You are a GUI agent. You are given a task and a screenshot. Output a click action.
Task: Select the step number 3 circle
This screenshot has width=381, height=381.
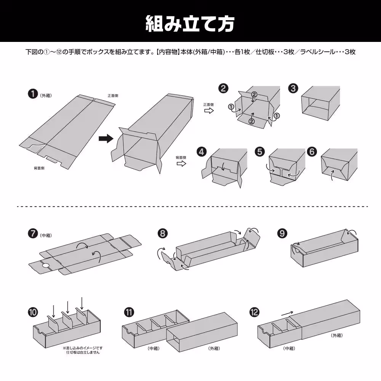(x=293, y=88)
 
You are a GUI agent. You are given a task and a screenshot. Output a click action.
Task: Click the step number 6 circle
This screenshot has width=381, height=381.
(x=312, y=152)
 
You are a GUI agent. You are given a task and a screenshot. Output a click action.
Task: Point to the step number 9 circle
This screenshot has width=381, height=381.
(x=282, y=233)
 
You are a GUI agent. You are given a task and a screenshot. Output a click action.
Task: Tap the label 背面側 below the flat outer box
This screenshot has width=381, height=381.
(x=39, y=168)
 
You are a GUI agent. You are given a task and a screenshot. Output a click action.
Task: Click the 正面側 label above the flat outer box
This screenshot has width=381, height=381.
(x=112, y=96)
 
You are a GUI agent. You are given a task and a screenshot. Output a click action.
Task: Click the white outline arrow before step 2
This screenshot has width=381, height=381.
(x=208, y=110)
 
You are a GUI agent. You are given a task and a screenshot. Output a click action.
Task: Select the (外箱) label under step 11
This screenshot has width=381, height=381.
(x=214, y=348)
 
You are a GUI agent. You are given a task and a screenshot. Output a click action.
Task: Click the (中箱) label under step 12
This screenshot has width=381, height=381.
(x=290, y=348)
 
